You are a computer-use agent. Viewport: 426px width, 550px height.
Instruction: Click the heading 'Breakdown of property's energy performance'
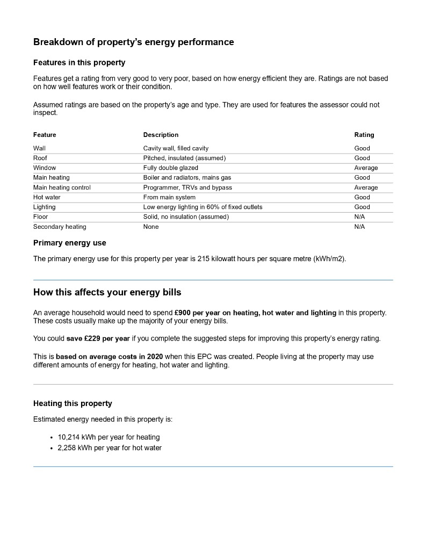[133, 42]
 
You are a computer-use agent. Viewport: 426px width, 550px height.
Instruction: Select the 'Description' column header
[161, 135]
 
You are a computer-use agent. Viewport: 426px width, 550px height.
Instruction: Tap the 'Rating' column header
[364, 135]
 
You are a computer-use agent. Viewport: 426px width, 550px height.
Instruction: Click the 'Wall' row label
[39, 148]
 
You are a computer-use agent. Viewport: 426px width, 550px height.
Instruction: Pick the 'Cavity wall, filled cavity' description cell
[176, 148]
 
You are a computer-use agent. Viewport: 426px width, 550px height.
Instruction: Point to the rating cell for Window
[365, 168]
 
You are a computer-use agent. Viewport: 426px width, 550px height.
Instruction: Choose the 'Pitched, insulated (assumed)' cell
[184, 158]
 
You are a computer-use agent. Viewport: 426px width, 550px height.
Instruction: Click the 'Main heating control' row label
[62, 187]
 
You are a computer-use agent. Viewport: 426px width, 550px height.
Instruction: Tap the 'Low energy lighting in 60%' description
[203, 207]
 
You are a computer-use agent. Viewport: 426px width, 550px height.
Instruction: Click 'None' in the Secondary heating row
[150, 227]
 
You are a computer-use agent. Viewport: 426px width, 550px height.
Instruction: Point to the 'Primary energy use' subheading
[69, 243]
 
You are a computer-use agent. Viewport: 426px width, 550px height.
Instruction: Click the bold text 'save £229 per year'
[98, 338]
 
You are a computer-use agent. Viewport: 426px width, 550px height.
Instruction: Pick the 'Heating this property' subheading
[73, 403]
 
